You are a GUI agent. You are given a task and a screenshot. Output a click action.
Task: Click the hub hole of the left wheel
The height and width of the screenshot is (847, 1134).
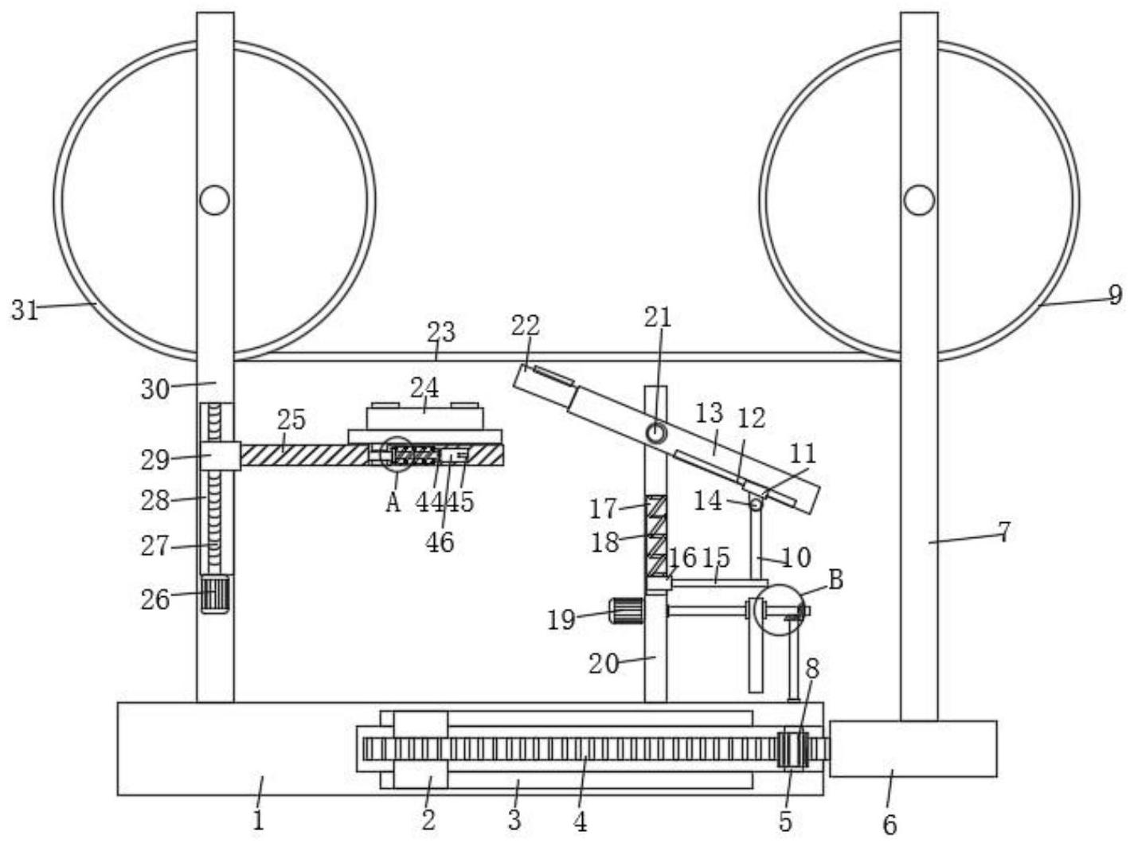(214, 200)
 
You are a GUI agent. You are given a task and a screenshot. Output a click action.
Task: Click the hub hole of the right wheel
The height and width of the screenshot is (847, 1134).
(919, 200)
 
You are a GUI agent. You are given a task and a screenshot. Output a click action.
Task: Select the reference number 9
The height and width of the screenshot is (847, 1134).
(1116, 295)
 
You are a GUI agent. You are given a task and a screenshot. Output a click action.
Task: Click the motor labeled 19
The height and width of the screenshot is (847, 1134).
(627, 611)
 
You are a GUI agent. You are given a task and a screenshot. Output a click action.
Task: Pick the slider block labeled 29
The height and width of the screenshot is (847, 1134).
(221, 456)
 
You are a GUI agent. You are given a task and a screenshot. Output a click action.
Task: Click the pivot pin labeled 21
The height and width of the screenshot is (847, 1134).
(656, 432)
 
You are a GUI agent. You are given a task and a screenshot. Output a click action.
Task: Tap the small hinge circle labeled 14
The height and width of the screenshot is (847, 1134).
(756, 504)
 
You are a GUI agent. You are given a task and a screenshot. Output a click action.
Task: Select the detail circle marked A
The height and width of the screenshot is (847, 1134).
(397, 455)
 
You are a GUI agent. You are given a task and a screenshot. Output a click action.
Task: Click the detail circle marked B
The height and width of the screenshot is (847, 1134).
(779, 610)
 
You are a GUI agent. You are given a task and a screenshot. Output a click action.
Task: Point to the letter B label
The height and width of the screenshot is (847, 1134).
(836, 580)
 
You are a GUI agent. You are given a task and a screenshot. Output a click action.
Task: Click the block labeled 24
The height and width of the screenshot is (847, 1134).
(424, 419)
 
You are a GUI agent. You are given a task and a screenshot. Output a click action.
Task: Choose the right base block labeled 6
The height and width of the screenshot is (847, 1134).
(913, 749)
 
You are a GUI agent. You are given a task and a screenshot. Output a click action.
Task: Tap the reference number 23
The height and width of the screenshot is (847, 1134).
(441, 332)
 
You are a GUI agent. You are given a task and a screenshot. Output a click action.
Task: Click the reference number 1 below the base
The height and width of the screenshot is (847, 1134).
(258, 821)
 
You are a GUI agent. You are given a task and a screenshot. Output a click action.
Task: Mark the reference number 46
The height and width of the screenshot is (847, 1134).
(440, 542)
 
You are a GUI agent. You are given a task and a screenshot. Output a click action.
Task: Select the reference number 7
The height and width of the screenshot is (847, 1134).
(1004, 533)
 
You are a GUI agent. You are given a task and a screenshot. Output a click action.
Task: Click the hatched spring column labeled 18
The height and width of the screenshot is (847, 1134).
(657, 537)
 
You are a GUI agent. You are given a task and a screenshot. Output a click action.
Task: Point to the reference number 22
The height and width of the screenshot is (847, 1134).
(526, 326)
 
